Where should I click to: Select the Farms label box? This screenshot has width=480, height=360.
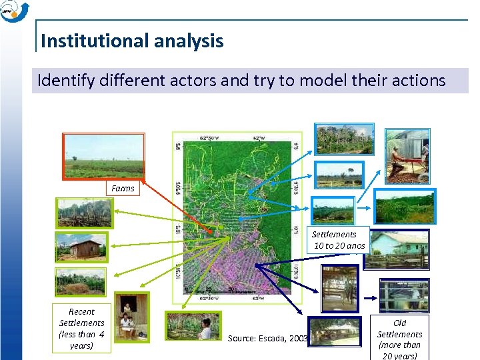123,189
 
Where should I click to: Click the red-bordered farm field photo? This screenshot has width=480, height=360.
103,156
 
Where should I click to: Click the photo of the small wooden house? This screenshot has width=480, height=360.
80,247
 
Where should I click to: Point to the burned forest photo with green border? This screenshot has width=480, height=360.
84,213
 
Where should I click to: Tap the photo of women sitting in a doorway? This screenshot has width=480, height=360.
131,317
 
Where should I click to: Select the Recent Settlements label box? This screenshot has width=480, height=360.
81,328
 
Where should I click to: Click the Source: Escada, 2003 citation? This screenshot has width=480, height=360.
267,338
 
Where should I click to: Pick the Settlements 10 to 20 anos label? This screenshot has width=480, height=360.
339,240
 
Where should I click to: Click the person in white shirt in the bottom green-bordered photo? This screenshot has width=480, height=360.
206,327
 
